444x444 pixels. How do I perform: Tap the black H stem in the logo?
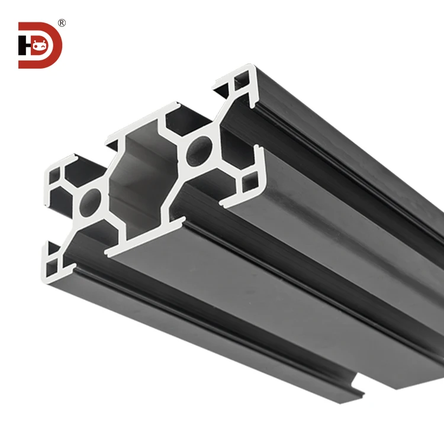(x=21, y=46)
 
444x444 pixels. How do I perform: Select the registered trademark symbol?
(x=62, y=23)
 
